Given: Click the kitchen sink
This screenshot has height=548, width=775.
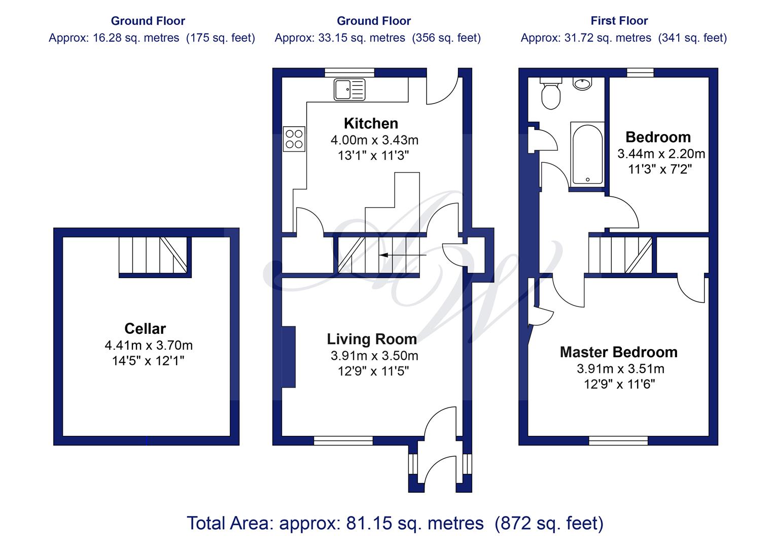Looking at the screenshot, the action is pyautogui.click(x=349, y=89).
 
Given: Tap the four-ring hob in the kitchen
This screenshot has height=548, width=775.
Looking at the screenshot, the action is pyautogui.click(x=294, y=139).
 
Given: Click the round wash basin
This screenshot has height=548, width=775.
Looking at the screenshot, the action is pyautogui.click(x=582, y=84).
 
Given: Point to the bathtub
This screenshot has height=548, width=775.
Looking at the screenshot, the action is pyautogui.click(x=587, y=154).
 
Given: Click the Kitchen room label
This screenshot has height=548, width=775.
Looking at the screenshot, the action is pyautogui.click(x=371, y=123).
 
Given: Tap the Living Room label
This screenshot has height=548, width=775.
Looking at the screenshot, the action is pyautogui.click(x=372, y=339).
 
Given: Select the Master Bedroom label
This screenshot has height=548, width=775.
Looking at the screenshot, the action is pyautogui.click(x=619, y=352).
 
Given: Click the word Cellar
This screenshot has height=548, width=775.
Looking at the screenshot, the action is pyautogui.click(x=145, y=328).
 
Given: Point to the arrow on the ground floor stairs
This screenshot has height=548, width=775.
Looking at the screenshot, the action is pyautogui.click(x=403, y=255).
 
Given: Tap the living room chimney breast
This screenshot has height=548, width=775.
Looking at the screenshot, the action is pyautogui.click(x=289, y=357).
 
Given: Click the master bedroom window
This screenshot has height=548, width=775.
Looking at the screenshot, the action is pyautogui.click(x=618, y=441).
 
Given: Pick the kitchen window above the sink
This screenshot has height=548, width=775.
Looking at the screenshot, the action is pyautogui.click(x=349, y=73).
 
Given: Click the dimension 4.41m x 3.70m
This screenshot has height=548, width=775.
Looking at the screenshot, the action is pyautogui.click(x=149, y=345).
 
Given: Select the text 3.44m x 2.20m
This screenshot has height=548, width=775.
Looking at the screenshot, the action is pyautogui.click(x=661, y=154).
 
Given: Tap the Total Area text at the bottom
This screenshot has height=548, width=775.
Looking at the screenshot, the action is pyautogui.click(x=395, y=523).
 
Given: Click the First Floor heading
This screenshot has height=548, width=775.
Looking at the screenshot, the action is pyautogui.click(x=619, y=21).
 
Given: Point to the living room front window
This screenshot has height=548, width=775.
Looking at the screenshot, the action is pyautogui.click(x=343, y=441).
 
